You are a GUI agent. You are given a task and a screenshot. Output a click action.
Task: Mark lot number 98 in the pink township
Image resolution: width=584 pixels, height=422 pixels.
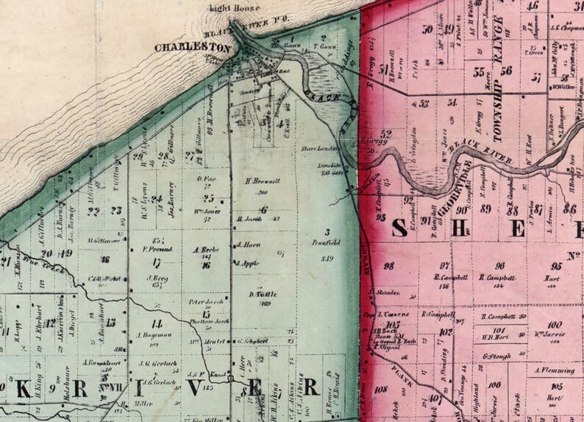point(388,266)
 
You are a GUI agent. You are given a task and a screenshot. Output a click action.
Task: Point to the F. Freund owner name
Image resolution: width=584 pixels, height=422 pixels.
point(155,248)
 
